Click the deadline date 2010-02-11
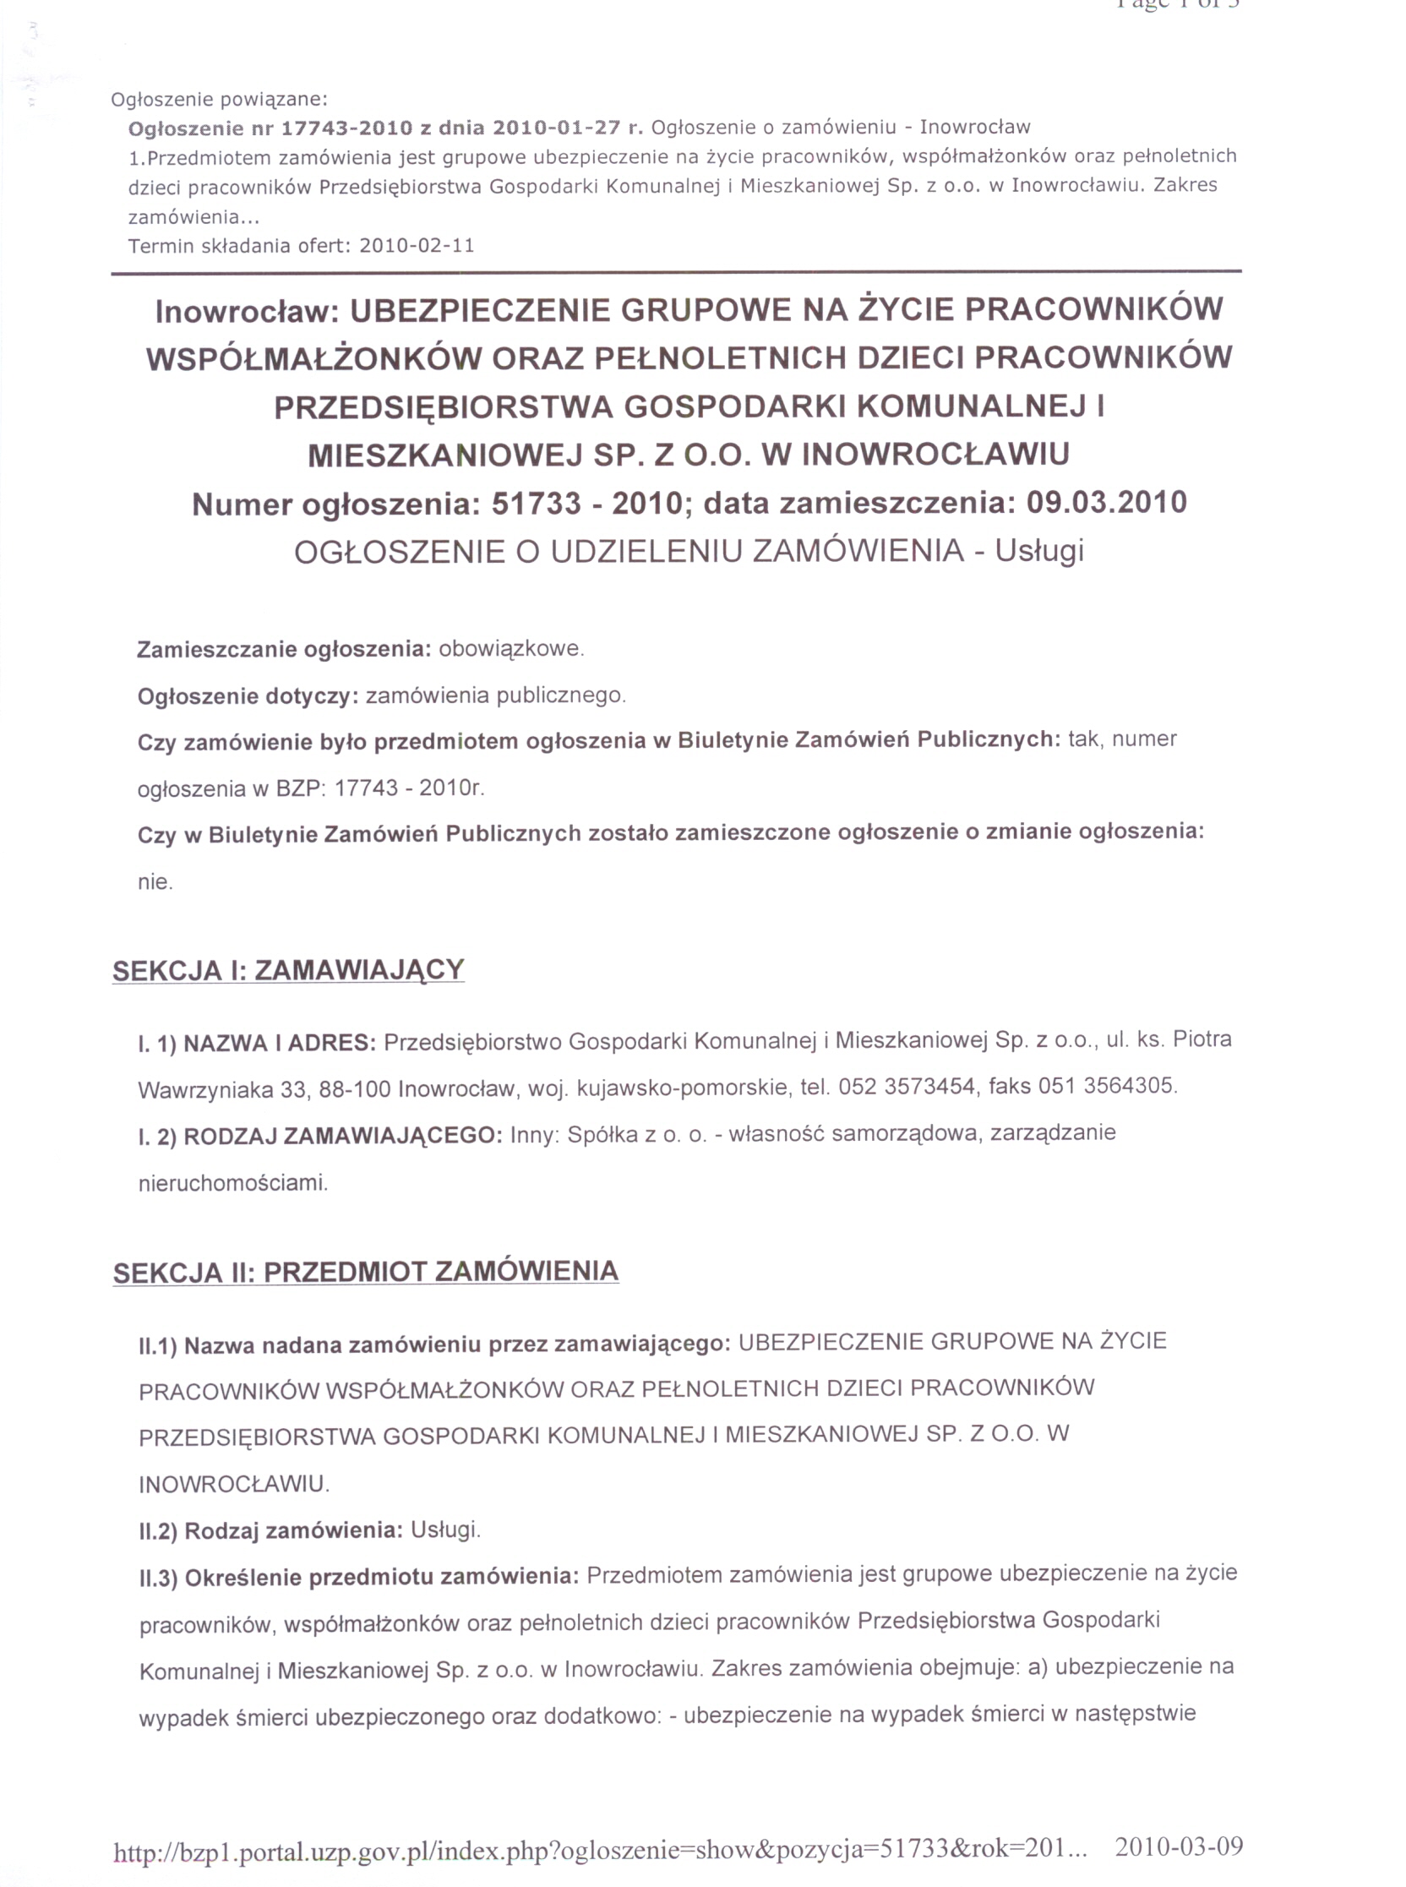click(x=417, y=246)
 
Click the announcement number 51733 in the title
click(x=535, y=504)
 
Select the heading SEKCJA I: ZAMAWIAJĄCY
click(x=288, y=970)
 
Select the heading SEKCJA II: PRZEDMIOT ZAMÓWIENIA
click(x=366, y=1273)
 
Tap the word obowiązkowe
click(x=510, y=650)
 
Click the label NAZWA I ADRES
click(x=280, y=1043)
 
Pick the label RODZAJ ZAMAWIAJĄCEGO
click(x=343, y=1137)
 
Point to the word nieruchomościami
click(x=232, y=1183)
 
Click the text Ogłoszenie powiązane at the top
click(x=219, y=100)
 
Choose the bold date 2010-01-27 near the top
click(x=557, y=128)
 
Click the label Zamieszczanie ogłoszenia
click(x=284, y=651)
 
